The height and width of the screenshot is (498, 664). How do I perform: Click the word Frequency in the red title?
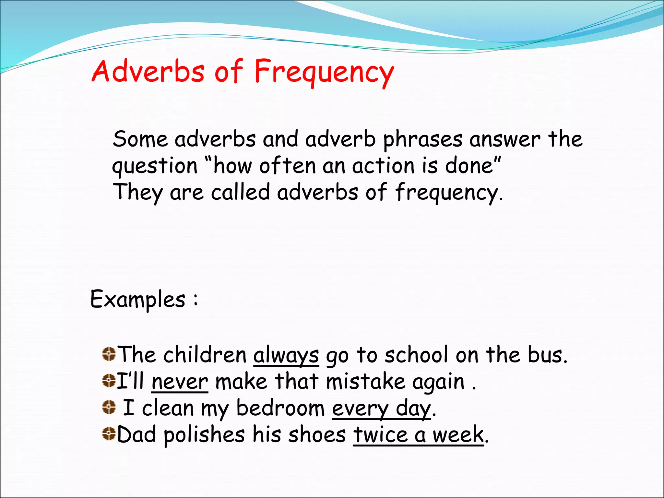324,72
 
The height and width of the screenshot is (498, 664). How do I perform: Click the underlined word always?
286,355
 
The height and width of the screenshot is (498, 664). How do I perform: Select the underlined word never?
180,382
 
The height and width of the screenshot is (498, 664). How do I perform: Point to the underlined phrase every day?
381,409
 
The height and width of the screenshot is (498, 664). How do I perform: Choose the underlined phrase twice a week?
418,435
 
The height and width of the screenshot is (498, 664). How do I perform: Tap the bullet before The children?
109,354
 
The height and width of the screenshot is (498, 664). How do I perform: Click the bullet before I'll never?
109,381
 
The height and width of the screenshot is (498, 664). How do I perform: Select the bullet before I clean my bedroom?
109,407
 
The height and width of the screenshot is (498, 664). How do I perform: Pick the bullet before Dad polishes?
109,434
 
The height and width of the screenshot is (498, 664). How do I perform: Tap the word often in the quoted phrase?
287,166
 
